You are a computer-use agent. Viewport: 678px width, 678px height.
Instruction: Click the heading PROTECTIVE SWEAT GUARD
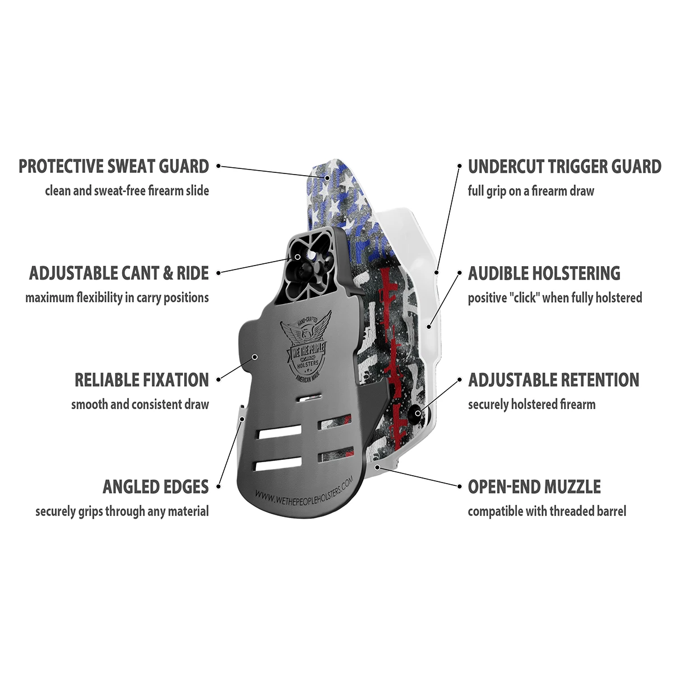click(114, 166)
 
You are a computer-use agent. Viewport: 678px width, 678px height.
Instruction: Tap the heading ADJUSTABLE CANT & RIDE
click(119, 273)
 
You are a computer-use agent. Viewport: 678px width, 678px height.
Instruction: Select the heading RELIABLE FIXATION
click(141, 380)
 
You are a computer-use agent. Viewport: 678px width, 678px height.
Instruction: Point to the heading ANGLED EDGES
click(155, 486)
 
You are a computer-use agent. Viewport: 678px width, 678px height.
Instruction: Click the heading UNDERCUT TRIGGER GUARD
click(564, 166)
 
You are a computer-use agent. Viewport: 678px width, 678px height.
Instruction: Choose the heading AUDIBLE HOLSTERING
click(544, 273)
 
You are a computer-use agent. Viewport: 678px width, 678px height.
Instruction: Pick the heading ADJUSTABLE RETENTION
click(554, 380)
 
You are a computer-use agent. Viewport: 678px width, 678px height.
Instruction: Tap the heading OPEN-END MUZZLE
click(534, 486)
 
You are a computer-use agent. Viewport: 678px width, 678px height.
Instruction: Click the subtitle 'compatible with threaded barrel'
click(547, 511)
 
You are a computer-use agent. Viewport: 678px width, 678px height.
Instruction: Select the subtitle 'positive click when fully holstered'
click(555, 298)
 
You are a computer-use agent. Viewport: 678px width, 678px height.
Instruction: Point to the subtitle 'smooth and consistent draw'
click(140, 405)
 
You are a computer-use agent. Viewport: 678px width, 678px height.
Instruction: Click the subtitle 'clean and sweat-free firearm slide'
click(127, 191)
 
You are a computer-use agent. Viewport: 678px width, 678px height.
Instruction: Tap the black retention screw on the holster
click(417, 414)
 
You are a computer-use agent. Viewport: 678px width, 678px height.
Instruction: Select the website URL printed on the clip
click(304, 487)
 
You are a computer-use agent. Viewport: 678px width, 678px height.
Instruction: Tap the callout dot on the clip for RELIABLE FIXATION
click(255, 357)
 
